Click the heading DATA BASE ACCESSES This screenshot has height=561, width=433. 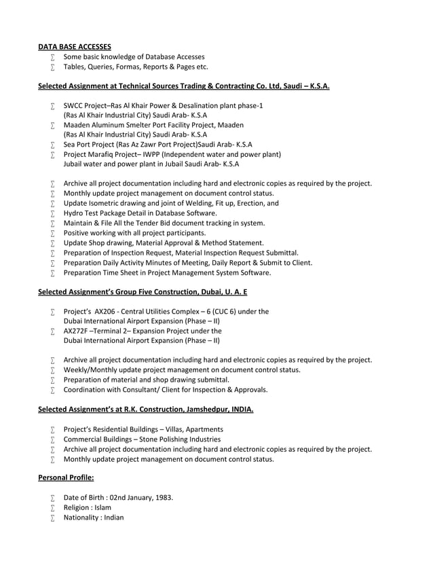click(74, 47)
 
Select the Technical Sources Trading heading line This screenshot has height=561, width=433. click(183, 87)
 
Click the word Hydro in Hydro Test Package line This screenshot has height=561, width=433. click(73, 213)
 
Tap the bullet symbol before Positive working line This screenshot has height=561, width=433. click(52, 233)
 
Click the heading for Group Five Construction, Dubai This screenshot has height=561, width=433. click(143, 292)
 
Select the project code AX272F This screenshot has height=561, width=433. click(76, 331)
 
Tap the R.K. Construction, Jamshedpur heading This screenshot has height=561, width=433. click(146, 410)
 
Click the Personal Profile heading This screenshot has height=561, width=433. click(66, 478)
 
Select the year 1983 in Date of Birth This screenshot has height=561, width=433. click(162, 498)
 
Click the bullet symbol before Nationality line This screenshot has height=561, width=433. click(52, 518)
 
